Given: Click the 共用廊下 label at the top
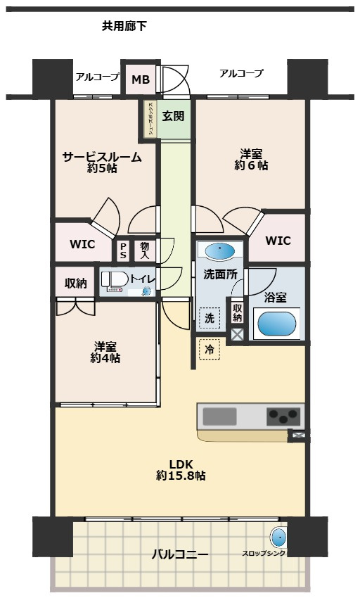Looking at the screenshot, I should (x=124, y=27).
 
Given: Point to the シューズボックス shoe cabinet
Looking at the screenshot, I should (x=150, y=119).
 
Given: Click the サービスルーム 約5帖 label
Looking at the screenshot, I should (x=102, y=163).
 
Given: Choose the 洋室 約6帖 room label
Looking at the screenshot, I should (x=251, y=159).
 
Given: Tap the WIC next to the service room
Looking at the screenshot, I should (x=84, y=244).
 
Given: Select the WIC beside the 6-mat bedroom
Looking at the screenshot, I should (x=278, y=240).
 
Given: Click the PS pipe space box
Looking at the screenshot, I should (x=123, y=250).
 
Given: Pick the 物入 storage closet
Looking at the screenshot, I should (x=144, y=250).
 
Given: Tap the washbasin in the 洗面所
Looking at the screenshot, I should (x=220, y=251).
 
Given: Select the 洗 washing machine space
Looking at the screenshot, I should (x=210, y=318).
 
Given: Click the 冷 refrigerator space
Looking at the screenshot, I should (x=210, y=349).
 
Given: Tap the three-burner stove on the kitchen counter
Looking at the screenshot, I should (x=284, y=416).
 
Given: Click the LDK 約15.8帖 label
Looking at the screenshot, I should (x=181, y=470).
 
